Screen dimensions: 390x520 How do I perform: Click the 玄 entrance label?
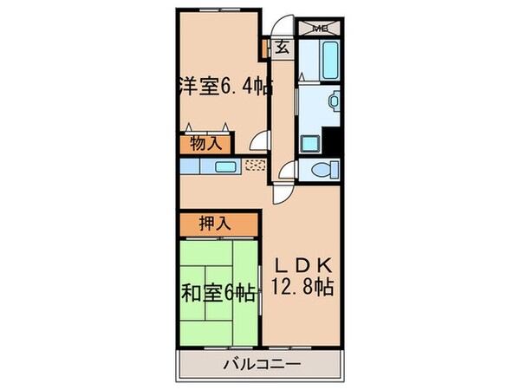click(x=283, y=49)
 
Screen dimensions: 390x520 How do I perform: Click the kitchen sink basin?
click(x=224, y=166)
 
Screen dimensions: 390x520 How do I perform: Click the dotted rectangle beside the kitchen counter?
click(x=257, y=166)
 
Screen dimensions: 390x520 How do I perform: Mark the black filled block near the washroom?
click(x=330, y=139)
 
